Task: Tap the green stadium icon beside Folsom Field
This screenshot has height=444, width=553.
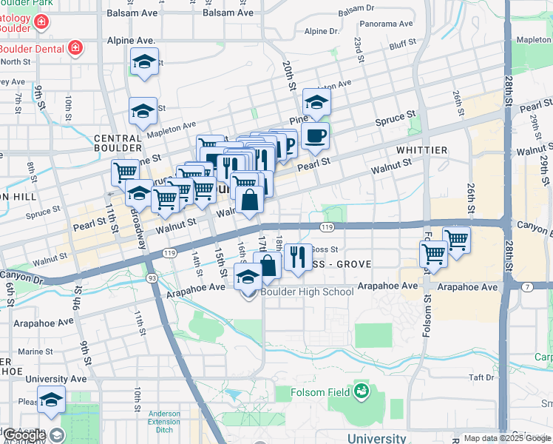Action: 362,389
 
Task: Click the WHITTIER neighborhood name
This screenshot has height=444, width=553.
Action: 421,150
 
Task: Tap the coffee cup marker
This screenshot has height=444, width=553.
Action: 316,135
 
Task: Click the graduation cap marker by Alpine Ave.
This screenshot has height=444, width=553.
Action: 145,62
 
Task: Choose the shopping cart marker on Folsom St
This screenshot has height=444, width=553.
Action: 433,254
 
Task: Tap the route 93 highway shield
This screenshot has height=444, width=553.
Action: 151,277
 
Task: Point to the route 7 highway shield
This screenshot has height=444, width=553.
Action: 527,286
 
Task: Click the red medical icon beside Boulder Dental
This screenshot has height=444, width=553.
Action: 74,49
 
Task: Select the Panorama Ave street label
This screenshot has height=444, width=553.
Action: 385,24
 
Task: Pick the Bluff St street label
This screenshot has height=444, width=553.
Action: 404,44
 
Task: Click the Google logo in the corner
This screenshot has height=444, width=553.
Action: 24,435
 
